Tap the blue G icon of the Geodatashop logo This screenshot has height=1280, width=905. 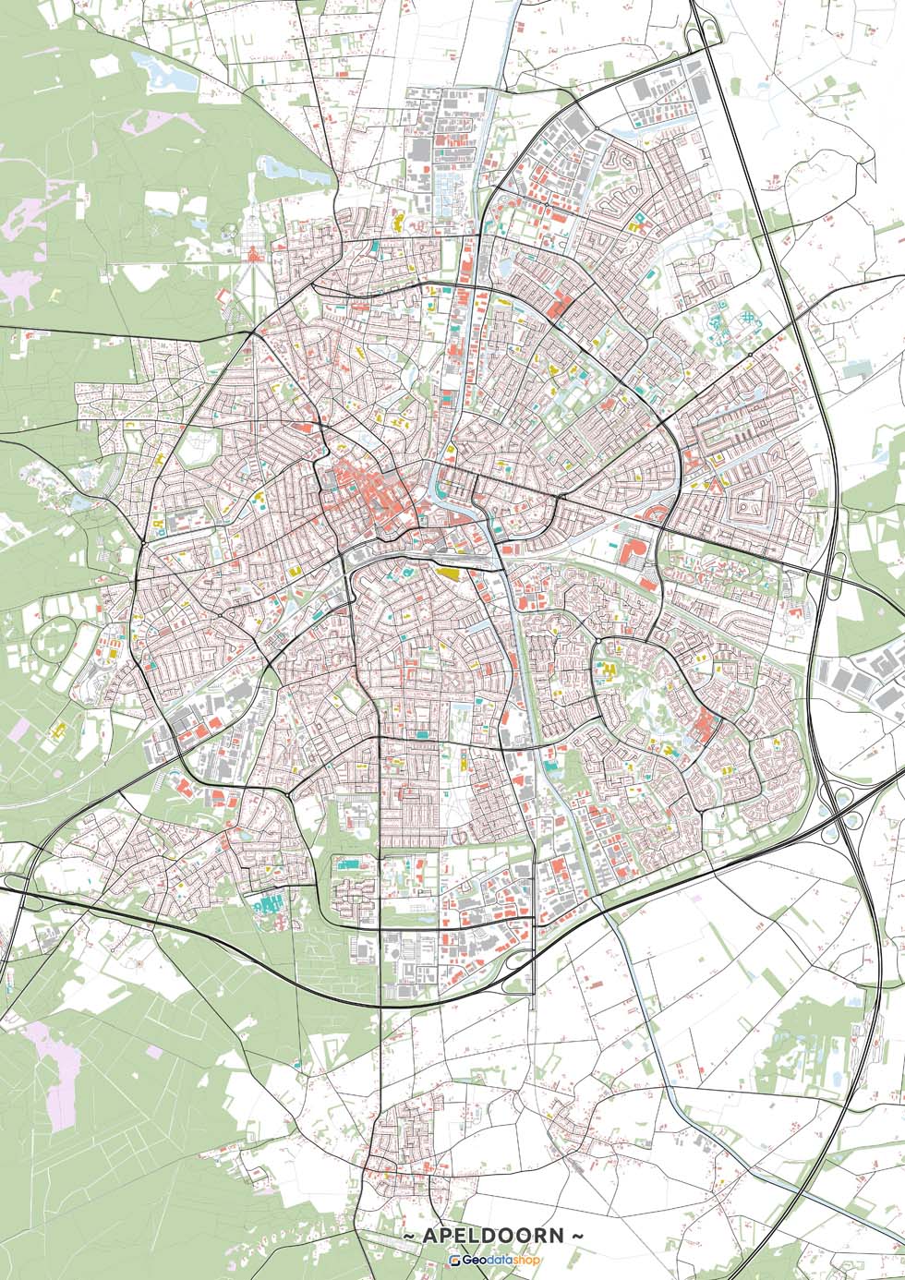point(455,1261)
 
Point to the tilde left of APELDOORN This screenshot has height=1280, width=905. point(408,1236)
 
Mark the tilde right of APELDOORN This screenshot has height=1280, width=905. point(579,1236)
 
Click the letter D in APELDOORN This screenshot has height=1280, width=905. point(487,1236)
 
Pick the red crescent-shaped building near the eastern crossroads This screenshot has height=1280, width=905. point(657,513)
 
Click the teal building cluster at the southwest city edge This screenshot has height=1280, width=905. point(269,902)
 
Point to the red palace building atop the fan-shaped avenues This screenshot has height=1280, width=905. point(252,253)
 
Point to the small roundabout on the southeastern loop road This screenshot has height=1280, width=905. point(598,639)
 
